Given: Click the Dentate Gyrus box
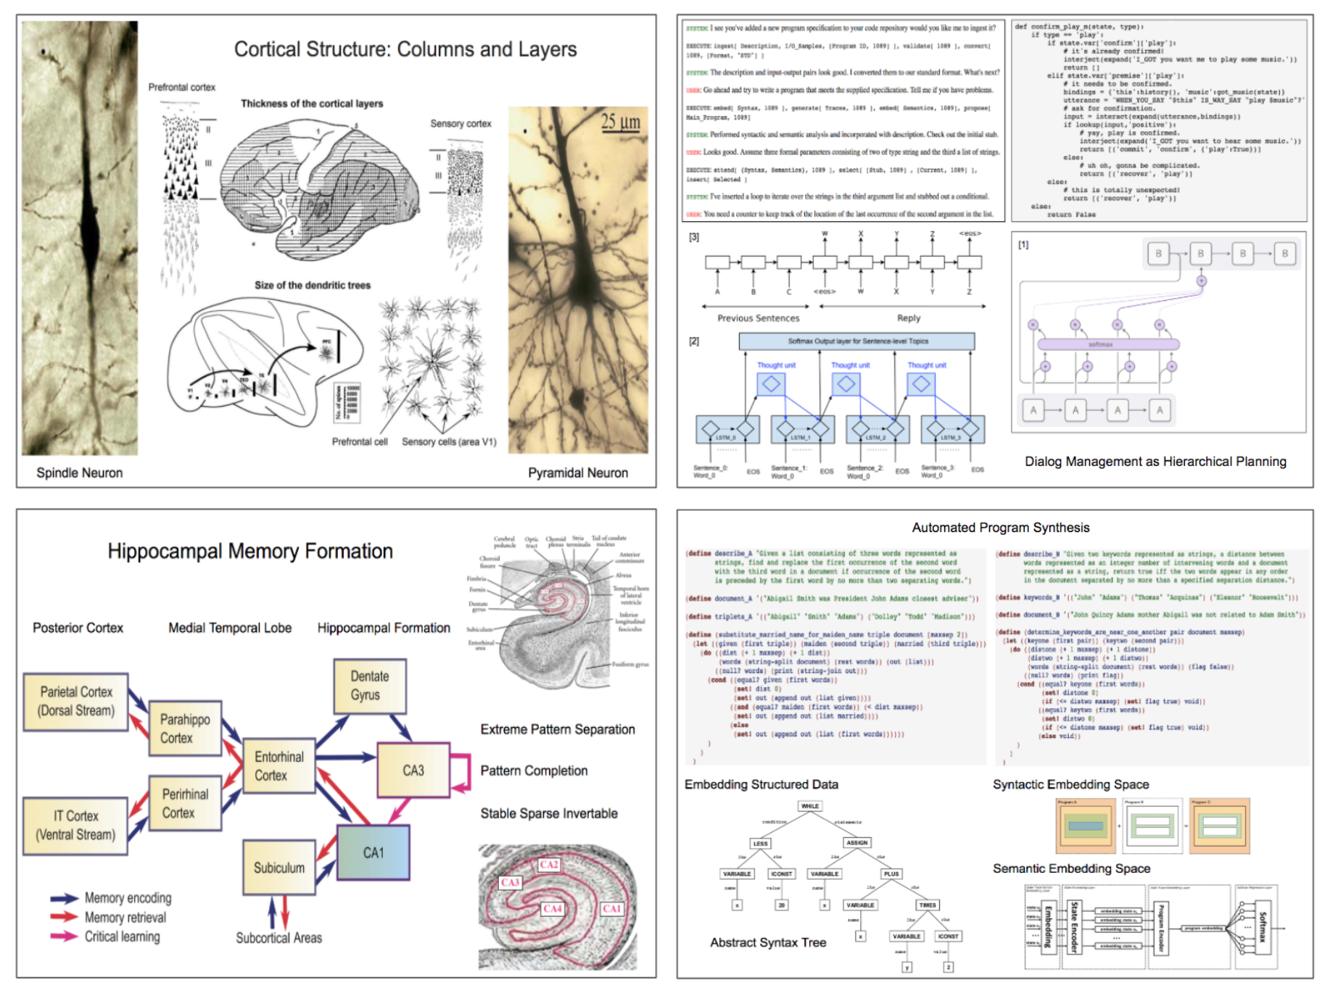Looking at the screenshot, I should (369, 686).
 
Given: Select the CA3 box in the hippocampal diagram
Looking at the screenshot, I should (413, 771).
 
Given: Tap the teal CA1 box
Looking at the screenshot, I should (373, 853).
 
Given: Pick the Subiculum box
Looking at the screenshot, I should (279, 868).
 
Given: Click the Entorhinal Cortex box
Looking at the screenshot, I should (279, 766).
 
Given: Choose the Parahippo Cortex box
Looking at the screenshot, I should (185, 728).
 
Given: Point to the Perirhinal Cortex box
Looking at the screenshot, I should (185, 803).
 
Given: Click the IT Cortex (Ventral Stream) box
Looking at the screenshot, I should (75, 826).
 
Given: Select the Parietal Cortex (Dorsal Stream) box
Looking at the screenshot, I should (76, 701).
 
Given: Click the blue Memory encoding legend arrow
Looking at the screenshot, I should (64, 899).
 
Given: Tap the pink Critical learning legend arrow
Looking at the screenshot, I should (64, 936).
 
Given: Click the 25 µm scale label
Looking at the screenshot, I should (620, 122).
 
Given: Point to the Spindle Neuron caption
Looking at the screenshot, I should (80, 473).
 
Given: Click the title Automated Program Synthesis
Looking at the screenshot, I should (1000, 528).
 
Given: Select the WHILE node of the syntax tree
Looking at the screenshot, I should (809, 806).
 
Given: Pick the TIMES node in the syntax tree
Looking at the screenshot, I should (928, 905).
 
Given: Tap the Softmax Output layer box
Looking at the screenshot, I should (856, 341).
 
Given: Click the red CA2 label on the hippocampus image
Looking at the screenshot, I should (549, 865).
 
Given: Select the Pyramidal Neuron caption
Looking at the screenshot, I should (578, 473).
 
